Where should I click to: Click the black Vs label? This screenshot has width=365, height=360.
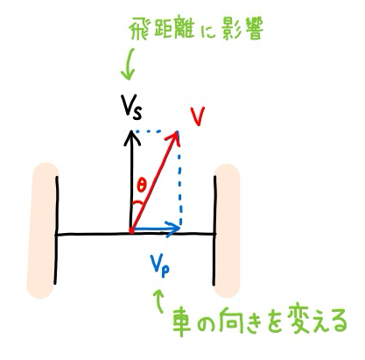pos(130,107)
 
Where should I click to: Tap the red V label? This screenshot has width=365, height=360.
pos(198,116)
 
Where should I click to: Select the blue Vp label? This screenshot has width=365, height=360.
pos(159,265)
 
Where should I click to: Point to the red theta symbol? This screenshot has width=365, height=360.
pos(141,186)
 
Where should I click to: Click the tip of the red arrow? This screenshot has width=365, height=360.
pos(177,131)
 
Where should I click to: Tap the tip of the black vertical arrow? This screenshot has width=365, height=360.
pos(132,131)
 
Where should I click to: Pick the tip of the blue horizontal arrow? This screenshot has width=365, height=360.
pos(179,229)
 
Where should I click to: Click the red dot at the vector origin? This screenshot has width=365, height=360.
pos(131,231)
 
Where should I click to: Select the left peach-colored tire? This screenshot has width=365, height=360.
pos(43,230)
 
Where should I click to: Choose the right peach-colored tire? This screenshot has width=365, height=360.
pos(227,230)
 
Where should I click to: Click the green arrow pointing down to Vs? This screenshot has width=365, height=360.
pos(129,64)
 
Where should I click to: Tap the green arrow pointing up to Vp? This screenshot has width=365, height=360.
pos(159,301)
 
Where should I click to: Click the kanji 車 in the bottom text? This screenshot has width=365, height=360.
pos(182,322)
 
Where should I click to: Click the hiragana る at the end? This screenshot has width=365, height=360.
pos(337,321)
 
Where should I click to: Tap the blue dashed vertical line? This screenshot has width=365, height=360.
pos(180,180)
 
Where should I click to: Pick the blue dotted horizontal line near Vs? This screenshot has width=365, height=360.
pos(149,131)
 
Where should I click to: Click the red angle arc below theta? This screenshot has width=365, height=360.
pos(137,202)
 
